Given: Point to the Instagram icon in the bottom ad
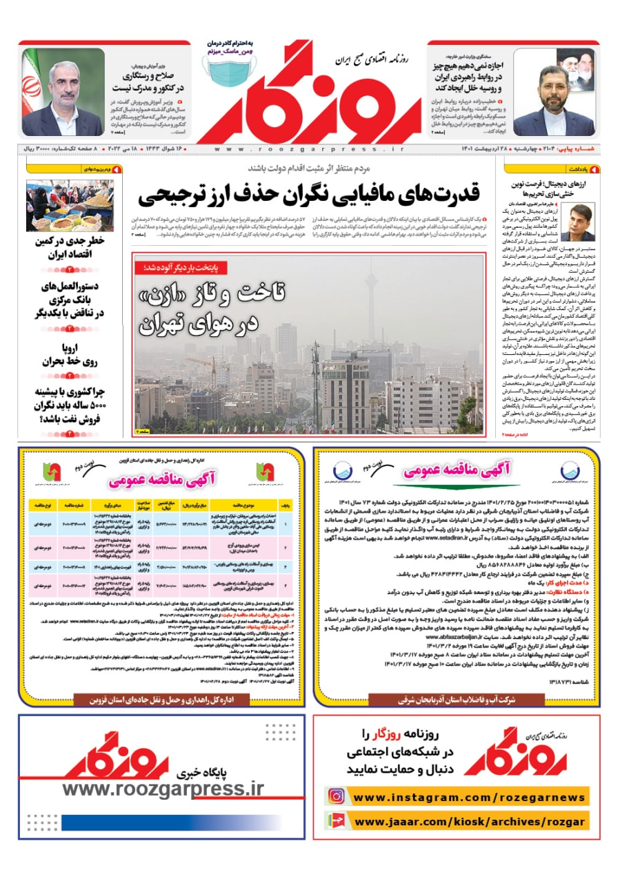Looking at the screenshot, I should [x=336, y=796].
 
